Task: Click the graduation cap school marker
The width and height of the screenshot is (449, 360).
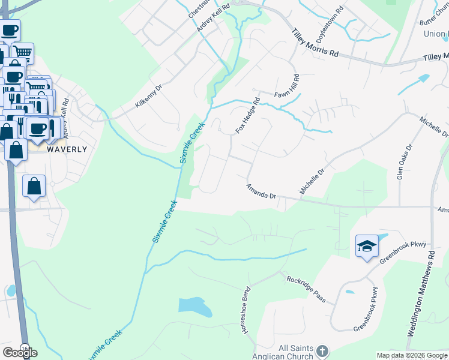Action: coord(367,246)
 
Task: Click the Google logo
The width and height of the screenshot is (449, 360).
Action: coord(20,353)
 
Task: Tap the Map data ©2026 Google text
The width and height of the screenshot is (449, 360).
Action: coord(412,355)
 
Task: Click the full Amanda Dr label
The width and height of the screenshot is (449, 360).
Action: coord(261,192)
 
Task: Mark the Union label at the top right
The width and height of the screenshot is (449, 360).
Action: coord(436,34)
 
